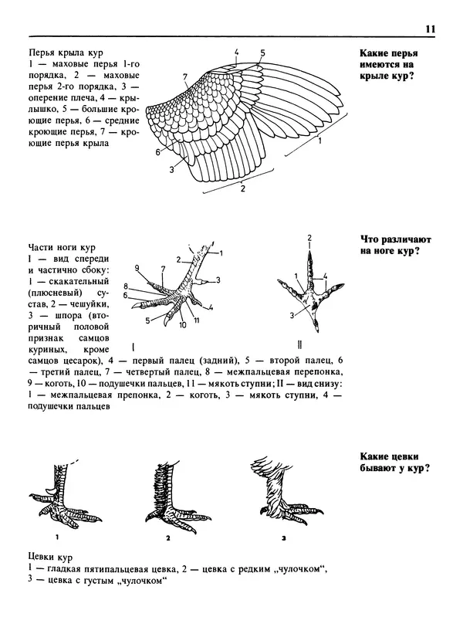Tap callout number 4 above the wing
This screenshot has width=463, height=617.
pyautogui.click(x=237, y=53)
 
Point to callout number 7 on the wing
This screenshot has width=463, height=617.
pyautogui.click(x=185, y=76)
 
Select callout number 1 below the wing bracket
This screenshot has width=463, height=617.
pyautogui.click(x=319, y=142)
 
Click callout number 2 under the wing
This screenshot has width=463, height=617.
pyautogui.click(x=242, y=188)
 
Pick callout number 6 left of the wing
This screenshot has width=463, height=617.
pyautogui.click(x=157, y=152)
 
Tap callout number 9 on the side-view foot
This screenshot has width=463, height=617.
pyautogui.click(x=137, y=268)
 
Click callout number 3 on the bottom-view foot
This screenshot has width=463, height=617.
pyautogui.click(x=292, y=315)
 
